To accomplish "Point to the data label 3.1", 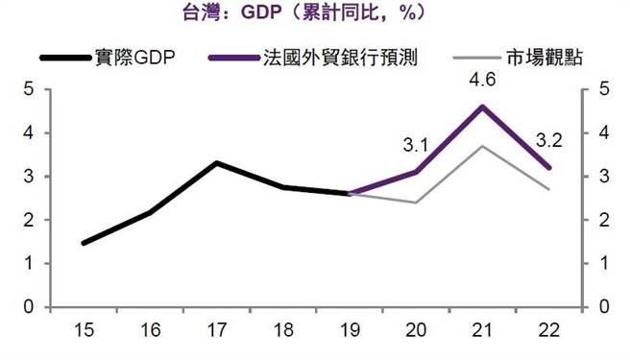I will (416, 147).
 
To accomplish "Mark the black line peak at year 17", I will (216, 163).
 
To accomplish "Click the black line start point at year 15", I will (84, 243).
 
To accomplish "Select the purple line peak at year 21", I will (482, 107).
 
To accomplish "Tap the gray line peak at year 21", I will (482, 146).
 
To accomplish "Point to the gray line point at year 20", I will (416, 203).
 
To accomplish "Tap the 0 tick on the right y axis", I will (603, 307).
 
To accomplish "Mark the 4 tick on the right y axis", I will (603, 132).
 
